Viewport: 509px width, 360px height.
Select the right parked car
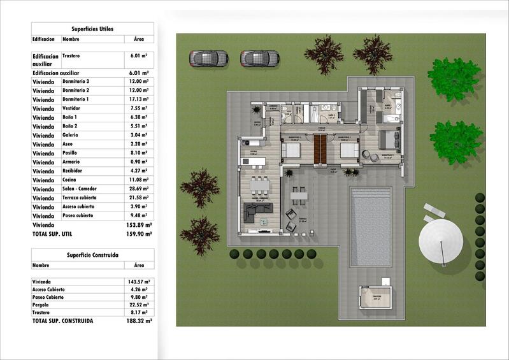260,59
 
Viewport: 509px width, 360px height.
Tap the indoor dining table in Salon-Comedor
260,186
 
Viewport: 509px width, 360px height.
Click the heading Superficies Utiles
92,29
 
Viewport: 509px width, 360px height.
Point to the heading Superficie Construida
92,255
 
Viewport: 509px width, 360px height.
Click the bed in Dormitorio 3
291,151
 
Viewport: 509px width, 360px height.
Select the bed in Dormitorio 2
348,150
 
